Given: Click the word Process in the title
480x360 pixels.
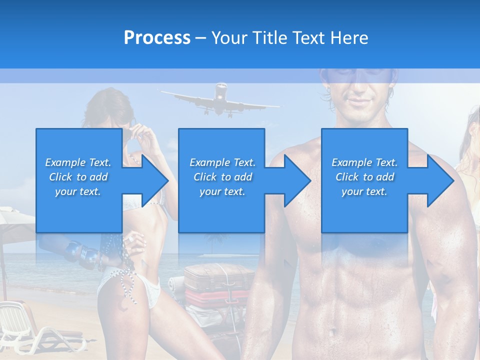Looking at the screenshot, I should (x=157, y=37).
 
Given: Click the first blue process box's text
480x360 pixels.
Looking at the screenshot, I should (x=78, y=177).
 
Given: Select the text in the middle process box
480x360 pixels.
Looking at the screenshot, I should (x=222, y=177).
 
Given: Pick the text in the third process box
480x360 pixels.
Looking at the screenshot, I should (x=364, y=177).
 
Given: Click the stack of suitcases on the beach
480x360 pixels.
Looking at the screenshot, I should (x=217, y=290).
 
